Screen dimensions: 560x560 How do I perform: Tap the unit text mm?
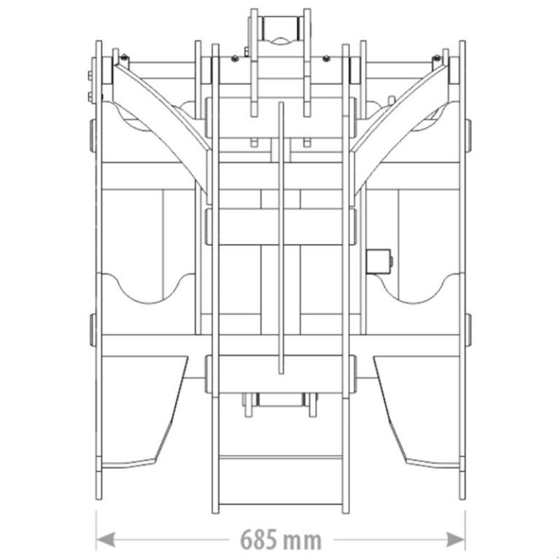pyautogui.click(x=303, y=540)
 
